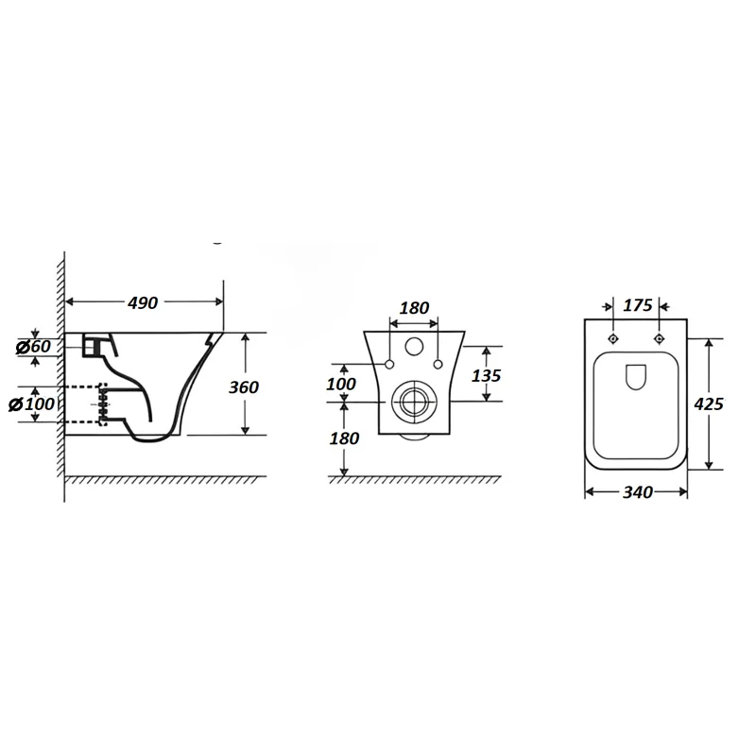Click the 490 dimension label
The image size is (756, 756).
pos(143,302)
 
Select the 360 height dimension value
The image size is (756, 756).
pos(244,387)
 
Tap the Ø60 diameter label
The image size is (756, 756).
pos(33,346)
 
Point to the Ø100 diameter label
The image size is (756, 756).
pos(32,404)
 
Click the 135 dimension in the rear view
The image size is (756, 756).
pos(486,375)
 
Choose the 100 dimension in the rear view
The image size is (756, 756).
pos(341,385)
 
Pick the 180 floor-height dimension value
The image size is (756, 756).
pos(344,438)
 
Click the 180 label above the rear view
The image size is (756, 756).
pos(415,308)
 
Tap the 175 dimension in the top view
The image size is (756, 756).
pos(638,305)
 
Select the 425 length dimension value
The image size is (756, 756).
pos(709,404)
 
